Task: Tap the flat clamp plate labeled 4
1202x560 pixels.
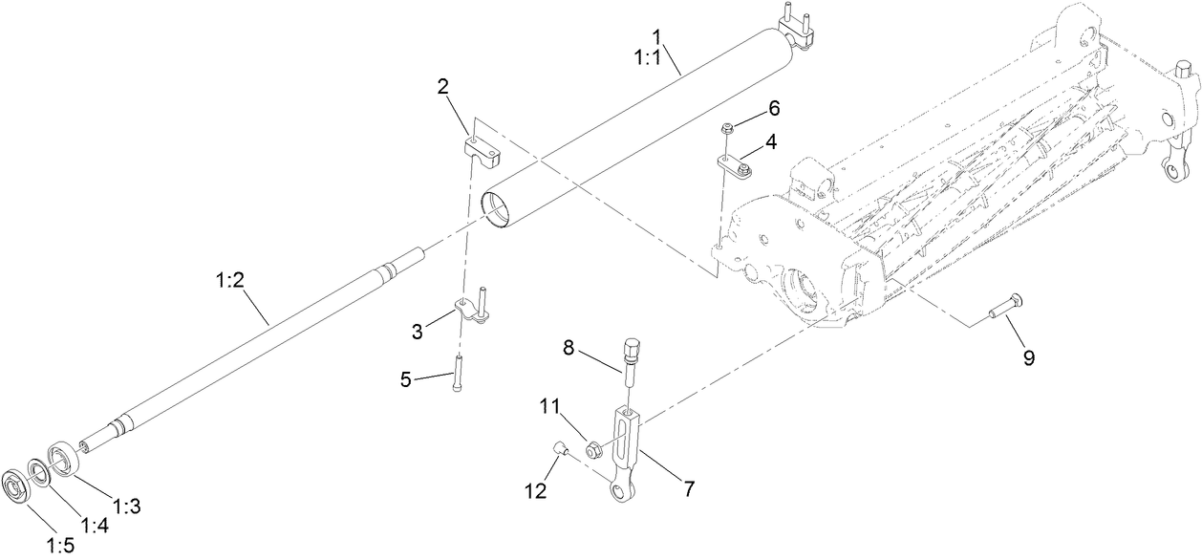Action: pos(735,170)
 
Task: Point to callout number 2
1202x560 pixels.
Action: pos(443,87)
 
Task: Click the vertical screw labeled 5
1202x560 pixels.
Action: pos(460,371)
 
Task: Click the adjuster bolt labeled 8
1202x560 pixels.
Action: pos(630,357)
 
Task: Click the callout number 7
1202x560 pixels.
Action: pos(687,488)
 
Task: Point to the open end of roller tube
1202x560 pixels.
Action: pos(498,210)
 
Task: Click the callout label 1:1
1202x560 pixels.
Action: pos(655,57)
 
